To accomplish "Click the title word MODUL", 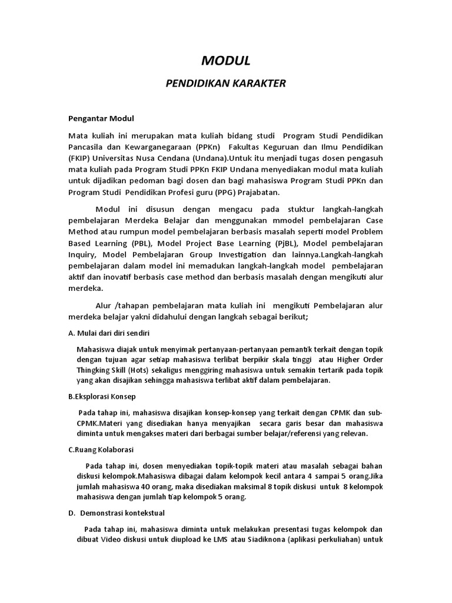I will pos(226,60).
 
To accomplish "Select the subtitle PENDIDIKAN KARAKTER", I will pos(226,83).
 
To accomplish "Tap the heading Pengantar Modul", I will pos(101,118).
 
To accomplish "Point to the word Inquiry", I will pos(82,254).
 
